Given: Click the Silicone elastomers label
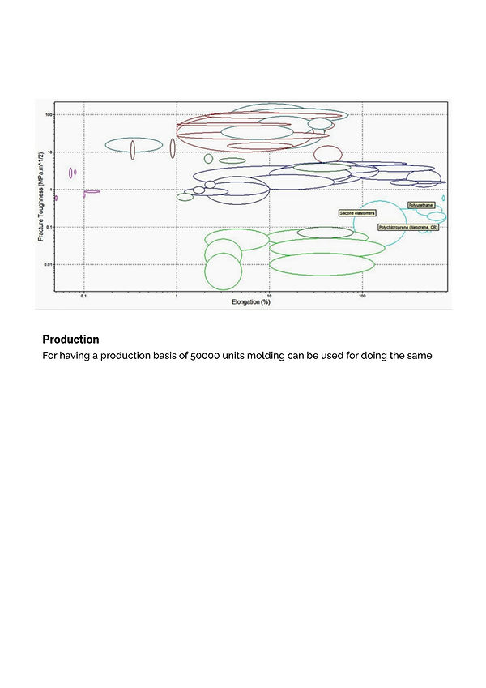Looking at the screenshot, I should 357,212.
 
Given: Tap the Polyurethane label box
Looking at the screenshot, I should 421,206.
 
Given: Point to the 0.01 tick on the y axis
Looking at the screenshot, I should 47,265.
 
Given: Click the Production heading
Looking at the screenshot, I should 70,340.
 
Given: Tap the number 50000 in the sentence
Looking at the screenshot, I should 206,357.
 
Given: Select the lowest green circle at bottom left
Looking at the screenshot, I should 223,271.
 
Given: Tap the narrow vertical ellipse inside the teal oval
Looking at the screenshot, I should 133,149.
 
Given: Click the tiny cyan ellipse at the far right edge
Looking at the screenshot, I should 443,198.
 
